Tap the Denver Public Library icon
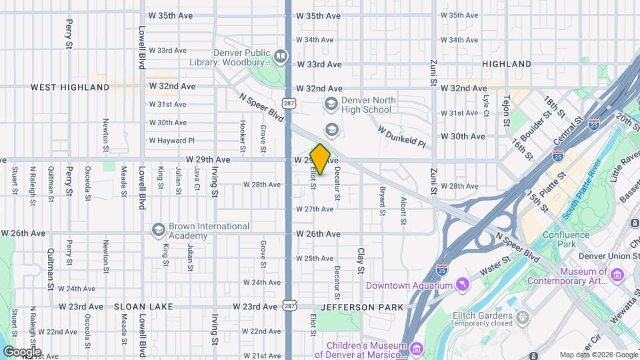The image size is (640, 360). (x=281, y=56)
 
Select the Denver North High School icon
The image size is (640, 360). (x=331, y=103)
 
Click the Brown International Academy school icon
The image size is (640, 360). (x=158, y=229)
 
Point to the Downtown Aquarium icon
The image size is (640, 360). (x=460, y=285)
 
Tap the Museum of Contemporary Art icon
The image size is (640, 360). (x=617, y=275)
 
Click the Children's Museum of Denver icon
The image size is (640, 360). (x=417, y=348)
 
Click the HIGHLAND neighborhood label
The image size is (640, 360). (x=509, y=64)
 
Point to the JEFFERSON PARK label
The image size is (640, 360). (x=362, y=307)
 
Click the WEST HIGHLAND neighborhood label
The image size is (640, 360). (x=60, y=87)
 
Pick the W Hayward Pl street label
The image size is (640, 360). (x=171, y=141)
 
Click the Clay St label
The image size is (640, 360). (x=361, y=261)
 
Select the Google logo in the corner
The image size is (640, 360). (x=22, y=351)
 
